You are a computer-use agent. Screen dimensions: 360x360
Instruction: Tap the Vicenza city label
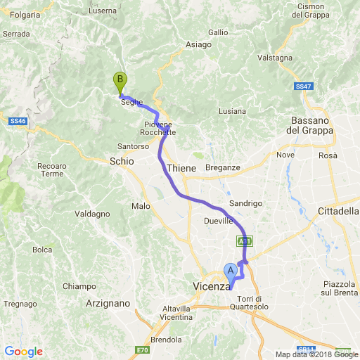click(212, 286)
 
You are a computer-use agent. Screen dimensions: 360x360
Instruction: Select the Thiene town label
click(181, 169)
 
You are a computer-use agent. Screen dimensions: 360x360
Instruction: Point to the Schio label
click(122, 161)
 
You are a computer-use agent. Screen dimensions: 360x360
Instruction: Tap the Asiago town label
click(198, 44)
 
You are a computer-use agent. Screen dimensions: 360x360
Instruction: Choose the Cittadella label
click(338, 211)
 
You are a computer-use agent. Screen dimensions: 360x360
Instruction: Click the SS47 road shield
click(303, 86)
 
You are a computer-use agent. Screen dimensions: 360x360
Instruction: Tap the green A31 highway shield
click(243, 241)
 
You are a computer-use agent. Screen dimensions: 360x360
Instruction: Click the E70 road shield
click(143, 349)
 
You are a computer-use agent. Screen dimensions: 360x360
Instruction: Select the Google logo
click(23, 352)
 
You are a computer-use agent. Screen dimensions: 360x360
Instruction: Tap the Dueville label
click(218, 220)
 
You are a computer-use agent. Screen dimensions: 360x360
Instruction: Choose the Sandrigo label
click(245, 202)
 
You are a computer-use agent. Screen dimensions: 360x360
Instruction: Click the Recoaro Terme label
click(52, 170)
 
